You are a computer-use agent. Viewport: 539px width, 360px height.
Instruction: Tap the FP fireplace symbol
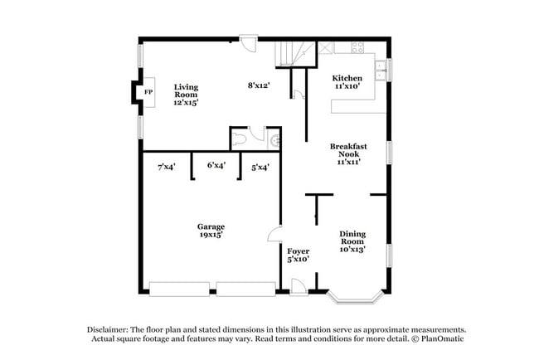149,92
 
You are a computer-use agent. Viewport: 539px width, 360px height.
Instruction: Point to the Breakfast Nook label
348,153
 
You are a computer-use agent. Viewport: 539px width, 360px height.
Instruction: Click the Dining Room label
352,240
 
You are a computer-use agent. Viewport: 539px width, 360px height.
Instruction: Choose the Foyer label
298,254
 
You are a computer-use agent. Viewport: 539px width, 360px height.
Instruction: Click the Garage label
211,230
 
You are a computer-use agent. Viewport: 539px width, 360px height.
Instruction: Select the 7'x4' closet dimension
166,167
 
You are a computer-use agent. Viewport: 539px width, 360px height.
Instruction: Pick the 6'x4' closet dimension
216,165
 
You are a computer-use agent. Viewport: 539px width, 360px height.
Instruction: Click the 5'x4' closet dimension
260,167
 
